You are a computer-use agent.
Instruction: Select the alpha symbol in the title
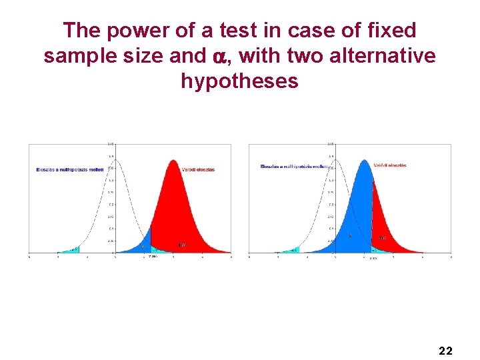(x=221, y=57)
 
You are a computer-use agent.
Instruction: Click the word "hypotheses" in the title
(x=239, y=81)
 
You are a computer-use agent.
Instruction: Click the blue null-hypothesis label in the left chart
(x=70, y=170)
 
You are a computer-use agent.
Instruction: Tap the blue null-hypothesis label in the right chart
(x=293, y=166)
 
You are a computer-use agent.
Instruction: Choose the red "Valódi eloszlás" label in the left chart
(x=198, y=169)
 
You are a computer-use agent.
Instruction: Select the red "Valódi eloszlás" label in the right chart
(x=390, y=165)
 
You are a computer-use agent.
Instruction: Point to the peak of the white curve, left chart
(x=115, y=160)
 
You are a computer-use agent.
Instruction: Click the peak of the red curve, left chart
(x=173, y=161)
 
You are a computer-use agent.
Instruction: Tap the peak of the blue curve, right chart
(x=363, y=161)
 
